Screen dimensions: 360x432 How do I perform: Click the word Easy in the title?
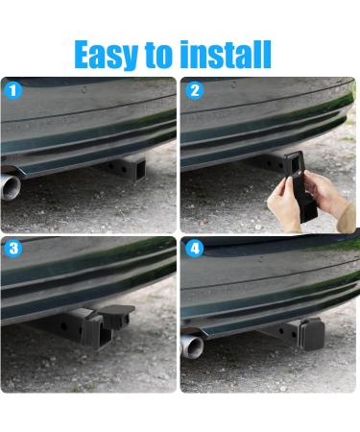point(106,55)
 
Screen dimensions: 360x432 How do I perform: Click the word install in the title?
point(226,54)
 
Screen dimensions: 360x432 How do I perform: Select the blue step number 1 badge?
point(12,90)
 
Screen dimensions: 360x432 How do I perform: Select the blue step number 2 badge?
point(194,90)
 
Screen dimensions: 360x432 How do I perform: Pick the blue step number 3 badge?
point(13,249)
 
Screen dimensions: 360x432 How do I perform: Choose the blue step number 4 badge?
point(195,249)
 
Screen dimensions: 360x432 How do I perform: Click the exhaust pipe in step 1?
point(11,186)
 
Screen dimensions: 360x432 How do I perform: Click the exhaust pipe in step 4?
point(192,347)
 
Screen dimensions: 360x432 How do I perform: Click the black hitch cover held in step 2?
point(300,187)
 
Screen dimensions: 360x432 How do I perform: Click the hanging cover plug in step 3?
point(117,316)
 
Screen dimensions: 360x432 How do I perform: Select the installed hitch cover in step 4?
point(312,334)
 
